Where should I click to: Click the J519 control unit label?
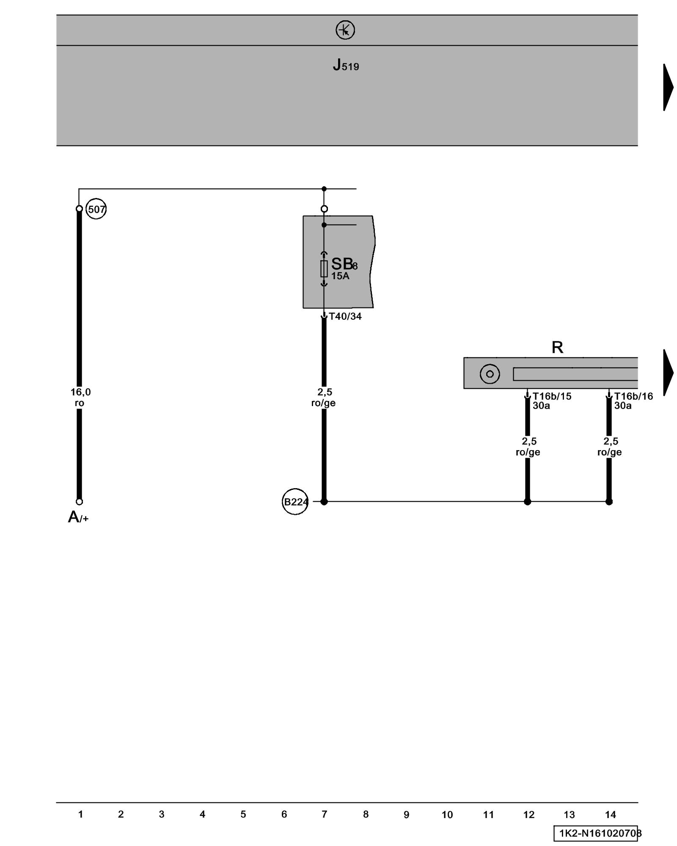(346, 65)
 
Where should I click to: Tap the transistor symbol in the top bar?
(345, 30)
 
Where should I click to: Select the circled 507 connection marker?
(96, 209)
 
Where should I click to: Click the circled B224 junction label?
(295, 502)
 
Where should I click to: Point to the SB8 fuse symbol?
(324, 269)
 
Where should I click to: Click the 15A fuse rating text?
(340, 276)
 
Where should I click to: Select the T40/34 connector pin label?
(345, 316)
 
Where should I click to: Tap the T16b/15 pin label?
(552, 396)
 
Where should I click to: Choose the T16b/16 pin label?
(633, 396)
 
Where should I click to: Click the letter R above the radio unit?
(557, 347)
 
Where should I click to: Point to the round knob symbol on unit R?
(490, 374)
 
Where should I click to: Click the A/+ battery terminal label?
(78, 517)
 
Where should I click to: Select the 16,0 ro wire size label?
(80, 398)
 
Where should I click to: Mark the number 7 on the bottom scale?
(325, 814)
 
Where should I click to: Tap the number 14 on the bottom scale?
(610, 815)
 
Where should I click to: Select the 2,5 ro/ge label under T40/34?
(324, 398)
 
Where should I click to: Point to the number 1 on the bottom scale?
(80, 814)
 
